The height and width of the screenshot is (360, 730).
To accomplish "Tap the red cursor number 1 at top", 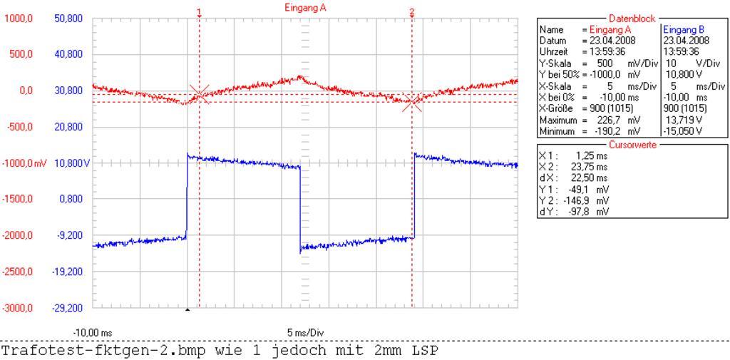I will tap(199, 12).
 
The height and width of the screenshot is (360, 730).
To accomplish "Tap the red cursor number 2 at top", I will tap(412, 12).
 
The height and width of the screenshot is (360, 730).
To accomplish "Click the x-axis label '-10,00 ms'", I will tap(93, 333).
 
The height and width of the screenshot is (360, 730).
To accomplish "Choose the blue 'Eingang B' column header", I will tap(683, 30).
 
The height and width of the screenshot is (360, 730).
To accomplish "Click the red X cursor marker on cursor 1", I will tap(200, 93).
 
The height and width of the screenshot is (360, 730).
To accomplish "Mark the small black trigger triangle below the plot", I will tap(187, 309).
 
